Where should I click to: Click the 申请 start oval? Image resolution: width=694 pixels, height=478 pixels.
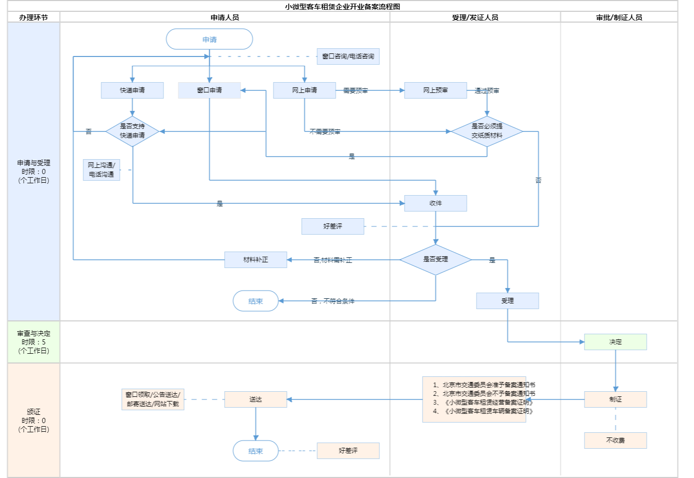coord(209,40)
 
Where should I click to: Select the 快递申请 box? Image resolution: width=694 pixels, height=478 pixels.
coord(132,90)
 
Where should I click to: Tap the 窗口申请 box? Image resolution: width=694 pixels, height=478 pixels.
coord(209,90)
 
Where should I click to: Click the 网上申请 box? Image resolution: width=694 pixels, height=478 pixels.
coord(304,90)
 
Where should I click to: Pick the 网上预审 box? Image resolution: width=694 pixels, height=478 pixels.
coord(435,90)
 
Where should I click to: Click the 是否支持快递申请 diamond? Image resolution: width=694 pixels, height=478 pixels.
coord(132,131)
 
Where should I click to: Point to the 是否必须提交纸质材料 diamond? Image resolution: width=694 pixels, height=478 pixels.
coord(487,131)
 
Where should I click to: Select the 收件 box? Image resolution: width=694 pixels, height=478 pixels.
coord(435,203)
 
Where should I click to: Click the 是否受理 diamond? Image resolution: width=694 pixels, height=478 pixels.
coord(435,259)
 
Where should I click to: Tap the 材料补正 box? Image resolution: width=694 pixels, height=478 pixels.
coord(255,260)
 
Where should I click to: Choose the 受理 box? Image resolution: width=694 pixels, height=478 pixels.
coord(507,301)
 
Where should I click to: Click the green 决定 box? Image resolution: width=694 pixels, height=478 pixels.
coord(615,342)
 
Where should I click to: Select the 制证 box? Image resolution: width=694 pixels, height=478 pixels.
coord(615,399)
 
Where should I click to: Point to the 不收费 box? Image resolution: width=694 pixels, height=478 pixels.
coord(615,441)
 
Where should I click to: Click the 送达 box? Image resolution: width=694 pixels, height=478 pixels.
coord(255,399)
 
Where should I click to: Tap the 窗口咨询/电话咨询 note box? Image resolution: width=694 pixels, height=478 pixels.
coord(348,56)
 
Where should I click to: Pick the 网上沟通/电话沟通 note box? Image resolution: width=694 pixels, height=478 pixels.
coord(101,170)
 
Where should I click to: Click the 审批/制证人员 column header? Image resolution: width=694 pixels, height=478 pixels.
coord(619,17)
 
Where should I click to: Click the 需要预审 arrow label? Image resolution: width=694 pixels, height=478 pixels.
coord(355,91)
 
